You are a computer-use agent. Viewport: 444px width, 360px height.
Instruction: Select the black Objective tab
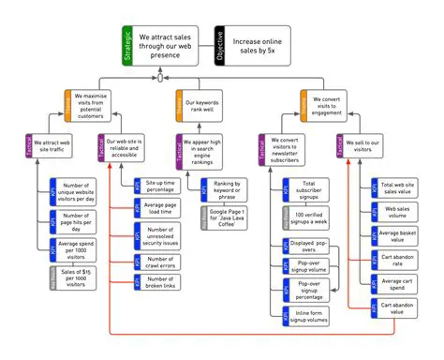pyautogui.click(x=219, y=45)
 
